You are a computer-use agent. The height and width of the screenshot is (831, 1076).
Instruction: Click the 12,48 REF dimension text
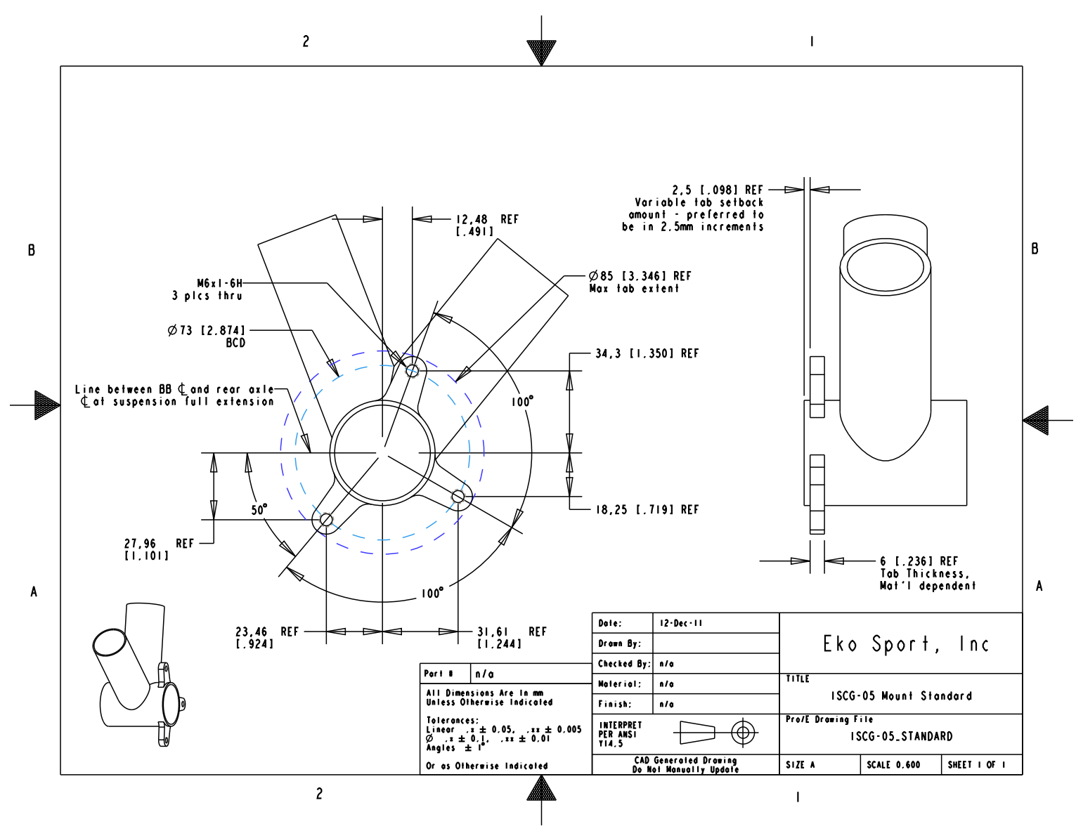click(x=487, y=225)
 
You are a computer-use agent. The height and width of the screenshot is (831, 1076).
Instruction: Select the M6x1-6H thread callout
click(x=219, y=284)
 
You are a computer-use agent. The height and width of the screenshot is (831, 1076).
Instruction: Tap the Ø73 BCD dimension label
click(x=207, y=336)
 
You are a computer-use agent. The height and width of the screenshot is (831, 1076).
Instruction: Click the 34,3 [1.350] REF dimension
click(x=647, y=353)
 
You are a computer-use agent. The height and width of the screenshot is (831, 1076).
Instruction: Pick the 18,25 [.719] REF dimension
click(x=647, y=509)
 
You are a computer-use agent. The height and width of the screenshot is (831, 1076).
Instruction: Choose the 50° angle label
click(x=259, y=509)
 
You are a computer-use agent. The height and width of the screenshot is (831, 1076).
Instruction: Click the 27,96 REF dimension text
click(x=158, y=549)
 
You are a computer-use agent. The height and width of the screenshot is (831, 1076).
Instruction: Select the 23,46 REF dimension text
click(x=266, y=637)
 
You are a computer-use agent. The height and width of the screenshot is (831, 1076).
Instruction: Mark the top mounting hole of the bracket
click(x=413, y=369)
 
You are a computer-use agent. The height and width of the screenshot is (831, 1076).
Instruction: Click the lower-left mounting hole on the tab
click(x=326, y=521)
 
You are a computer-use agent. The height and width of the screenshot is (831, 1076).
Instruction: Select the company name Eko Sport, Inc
click(x=905, y=643)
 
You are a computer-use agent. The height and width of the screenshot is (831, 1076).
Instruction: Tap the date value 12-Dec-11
click(x=680, y=623)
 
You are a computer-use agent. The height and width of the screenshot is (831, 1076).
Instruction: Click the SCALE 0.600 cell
click(x=893, y=765)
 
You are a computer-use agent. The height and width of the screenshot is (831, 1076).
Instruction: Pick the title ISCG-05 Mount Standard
click(x=901, y=696)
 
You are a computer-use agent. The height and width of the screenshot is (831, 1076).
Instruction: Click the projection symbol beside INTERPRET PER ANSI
click(x=715, y=733)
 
